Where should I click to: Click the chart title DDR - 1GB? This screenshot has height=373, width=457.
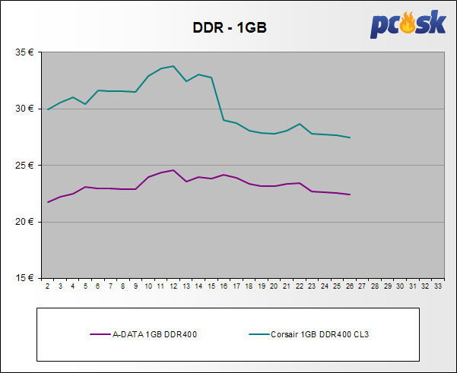[229, 28]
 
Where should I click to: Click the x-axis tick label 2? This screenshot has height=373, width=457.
[48, 286]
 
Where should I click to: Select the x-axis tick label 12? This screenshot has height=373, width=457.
[173, 286]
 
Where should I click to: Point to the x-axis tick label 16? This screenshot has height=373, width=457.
[224, 286]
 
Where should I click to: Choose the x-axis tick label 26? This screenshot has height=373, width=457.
[349, 286]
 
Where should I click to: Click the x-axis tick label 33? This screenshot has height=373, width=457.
[437, 286]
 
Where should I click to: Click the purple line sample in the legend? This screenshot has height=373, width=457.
[100, 333]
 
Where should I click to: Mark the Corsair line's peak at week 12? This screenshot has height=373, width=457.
[173, 66]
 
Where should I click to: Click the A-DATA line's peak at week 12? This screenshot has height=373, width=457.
[173, 170]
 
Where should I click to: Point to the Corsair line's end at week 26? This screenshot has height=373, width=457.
[349, 138]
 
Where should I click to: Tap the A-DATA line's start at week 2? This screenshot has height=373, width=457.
[48, 202]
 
